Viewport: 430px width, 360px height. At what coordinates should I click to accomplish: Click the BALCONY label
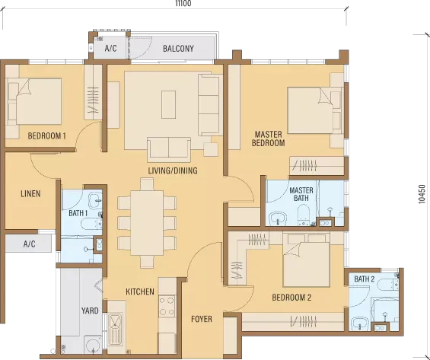coord(178,49)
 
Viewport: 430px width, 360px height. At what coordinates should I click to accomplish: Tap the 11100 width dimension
coord(183,3)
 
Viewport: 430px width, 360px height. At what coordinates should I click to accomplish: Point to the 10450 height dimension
coord(422,194)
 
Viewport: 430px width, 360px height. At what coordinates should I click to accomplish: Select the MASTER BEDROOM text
coord(268,139)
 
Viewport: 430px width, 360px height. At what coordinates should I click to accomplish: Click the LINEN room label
coord(30,194)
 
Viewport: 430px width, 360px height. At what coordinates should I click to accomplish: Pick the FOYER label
coord(202,319)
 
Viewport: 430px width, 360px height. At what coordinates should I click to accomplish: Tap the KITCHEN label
coord(140,292)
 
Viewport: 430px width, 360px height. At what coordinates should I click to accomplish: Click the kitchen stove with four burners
coord(167,306)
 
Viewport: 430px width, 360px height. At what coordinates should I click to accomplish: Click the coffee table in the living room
coord(169,105)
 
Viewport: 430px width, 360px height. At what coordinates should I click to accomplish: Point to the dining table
coord(147,223)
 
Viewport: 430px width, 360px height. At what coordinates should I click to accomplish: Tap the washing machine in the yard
coord(93,344)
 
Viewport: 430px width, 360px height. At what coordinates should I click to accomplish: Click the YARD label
coord(90,311)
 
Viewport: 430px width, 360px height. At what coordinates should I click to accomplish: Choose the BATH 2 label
coord(365,279)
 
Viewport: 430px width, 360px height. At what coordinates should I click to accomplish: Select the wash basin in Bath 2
coord(359,323)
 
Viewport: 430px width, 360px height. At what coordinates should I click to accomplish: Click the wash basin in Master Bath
coord(278,218)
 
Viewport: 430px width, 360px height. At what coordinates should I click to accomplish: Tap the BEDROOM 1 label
coord(47,135)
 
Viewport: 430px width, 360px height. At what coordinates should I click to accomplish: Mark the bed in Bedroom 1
coord(33,101)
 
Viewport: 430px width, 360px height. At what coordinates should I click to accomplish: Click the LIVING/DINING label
coord(173,170)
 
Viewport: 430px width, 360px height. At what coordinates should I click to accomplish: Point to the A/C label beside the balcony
coord(111,49)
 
